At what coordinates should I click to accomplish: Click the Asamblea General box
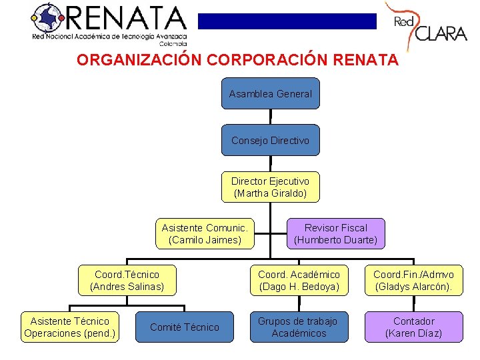(270, 94)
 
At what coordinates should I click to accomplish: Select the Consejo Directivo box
(270, 141)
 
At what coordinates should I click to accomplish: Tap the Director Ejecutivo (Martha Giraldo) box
(270, 187)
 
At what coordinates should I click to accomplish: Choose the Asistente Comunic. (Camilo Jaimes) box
(205, 233)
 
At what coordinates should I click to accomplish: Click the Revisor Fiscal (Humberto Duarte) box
(335, 233)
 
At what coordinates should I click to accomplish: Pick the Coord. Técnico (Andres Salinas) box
(127, 281)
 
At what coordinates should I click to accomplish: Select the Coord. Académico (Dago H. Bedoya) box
(299, 281)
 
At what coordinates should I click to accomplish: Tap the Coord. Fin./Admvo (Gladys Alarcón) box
(413, 281)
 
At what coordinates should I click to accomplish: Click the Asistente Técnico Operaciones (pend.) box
(69, 327)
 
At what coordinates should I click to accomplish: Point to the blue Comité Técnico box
(184, 327)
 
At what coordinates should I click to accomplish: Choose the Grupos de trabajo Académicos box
(299, 327)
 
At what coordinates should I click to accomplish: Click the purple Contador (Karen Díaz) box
(413, 327)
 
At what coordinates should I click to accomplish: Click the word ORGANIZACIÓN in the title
(139, 60)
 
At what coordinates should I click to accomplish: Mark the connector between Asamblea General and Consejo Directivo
(271, 116)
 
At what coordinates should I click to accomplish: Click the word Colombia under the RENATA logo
(172, 44)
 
